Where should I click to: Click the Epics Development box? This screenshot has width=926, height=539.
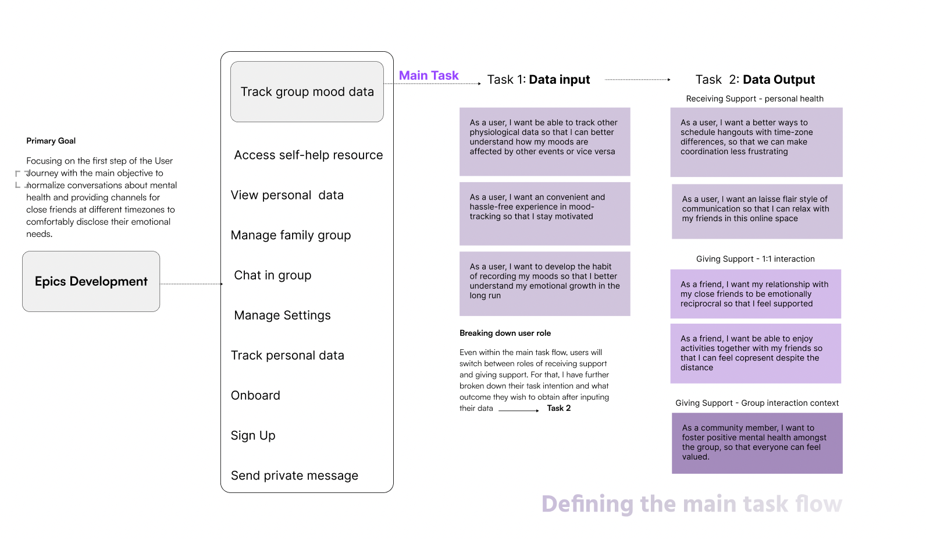[91, 282]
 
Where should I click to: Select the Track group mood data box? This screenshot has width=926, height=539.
[307, 92]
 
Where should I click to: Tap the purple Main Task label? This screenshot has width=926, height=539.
[429, 76]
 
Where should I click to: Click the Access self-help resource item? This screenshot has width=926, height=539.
[308, 155]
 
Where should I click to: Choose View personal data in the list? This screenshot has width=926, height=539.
[287, 196]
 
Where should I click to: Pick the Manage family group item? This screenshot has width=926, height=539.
[291, 235]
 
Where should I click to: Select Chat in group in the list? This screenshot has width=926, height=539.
[272, 275]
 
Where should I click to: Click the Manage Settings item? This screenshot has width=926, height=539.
[282, 315]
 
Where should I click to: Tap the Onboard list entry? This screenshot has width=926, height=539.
[255, 396]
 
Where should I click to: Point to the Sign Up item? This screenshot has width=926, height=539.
[253, 436]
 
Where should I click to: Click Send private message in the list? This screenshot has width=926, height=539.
[294, 476]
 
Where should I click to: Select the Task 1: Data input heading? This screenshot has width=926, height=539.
[538, 80]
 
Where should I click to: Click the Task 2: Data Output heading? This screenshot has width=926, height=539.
[755, 80]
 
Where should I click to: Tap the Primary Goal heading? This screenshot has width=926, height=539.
[51, 141]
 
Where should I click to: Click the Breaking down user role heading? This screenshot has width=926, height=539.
[505, 334]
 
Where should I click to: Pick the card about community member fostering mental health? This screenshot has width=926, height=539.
[757, 443]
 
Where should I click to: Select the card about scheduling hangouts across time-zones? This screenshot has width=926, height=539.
[756, 142]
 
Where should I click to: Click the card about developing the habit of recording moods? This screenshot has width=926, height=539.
[544, 283]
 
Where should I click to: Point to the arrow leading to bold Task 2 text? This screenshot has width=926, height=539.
[519, 410]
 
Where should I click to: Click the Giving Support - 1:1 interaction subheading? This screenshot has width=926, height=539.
[755, 259]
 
